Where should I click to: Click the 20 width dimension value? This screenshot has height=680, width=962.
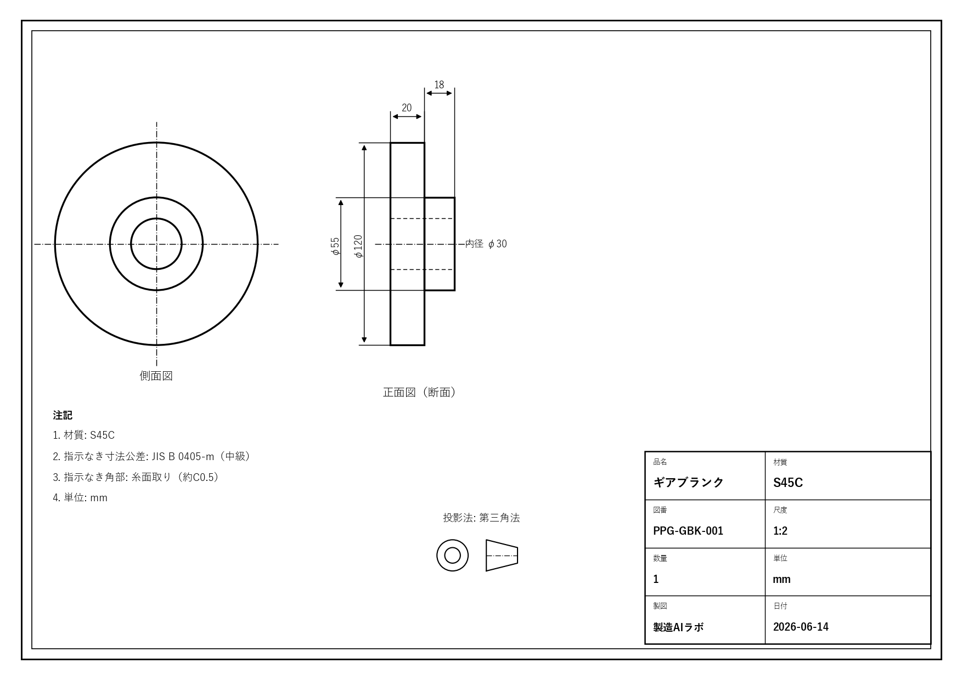pyautogui.click(x=407, y=107)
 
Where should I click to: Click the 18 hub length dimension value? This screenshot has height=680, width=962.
pyautogui.click(x=439, y=84)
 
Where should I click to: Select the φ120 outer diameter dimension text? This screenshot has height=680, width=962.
pyautogui.click(x=358, y=246)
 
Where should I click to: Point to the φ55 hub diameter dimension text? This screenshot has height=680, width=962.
pyautogui.click(x=335, y=246)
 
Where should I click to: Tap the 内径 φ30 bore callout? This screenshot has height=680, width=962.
pyautogui.click(x=486, y=243)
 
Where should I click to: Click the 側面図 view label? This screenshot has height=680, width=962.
pyautogui.click(x=156, y=376)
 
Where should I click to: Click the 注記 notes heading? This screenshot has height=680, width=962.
pyautogui.click(x=63, y=415)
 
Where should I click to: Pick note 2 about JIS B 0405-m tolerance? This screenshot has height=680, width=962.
pyautogui.click(x=153, y=456)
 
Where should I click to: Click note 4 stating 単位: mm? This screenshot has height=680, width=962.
pyautogui.click(x=80, y=498)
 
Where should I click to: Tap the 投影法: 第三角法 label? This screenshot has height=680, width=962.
pyautogui.click(x=481, y=518)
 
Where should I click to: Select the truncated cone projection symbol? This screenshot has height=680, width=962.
pyautogui.click(x=502, y=556)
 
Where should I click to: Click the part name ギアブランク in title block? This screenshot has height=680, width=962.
pyautogui.click(x=688, y=482)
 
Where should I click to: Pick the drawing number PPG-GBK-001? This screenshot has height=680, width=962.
pyautogui.click(x=688, y=531)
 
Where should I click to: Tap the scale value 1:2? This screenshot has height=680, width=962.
pyautogui.click(x=780, y=531)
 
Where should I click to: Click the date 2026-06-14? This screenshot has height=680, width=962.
pyautogui.click(x=801, y=627)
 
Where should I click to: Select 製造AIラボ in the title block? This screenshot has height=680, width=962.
pyautogui.click(x=678, y=627)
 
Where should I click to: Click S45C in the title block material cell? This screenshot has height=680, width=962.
pyautogui.click(x=788, y=483)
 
